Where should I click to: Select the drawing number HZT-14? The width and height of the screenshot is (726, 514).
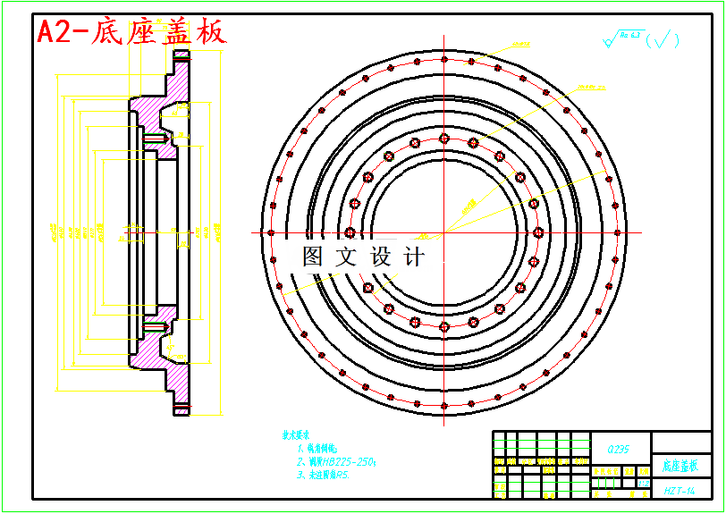pyautogui.click(x=680, y=491)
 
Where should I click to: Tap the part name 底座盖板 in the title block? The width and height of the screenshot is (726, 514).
pyautogui.click(x=680, y=466)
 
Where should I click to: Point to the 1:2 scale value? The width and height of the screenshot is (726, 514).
pyautogui.click(x=644, y=482)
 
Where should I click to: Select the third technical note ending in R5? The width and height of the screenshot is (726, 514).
pyautogui.click(x=323, y=476)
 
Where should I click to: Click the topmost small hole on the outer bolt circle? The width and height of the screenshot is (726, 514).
pyautogui.click(x=444, y=60)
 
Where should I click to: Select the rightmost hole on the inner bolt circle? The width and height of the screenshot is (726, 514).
pyautogui.click(x=538, y=232)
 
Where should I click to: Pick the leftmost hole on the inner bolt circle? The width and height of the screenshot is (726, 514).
pyautogui.click(x=350, y=232)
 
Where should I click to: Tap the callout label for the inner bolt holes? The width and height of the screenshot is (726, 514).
pyautogui.click(x=521, y=44)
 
